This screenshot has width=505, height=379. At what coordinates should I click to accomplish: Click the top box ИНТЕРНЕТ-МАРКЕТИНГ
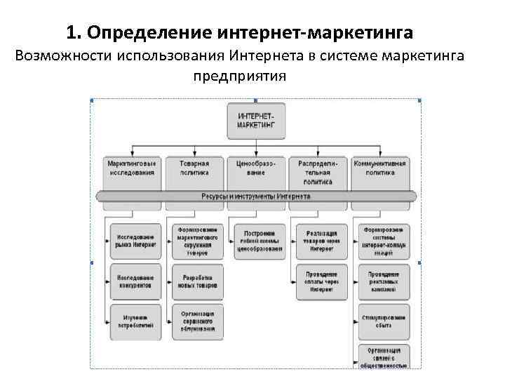pos(255,121)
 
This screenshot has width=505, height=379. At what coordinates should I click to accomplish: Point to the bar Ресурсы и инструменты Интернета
pos(256,197)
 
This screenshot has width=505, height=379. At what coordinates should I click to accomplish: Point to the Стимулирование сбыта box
pos(384,321)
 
